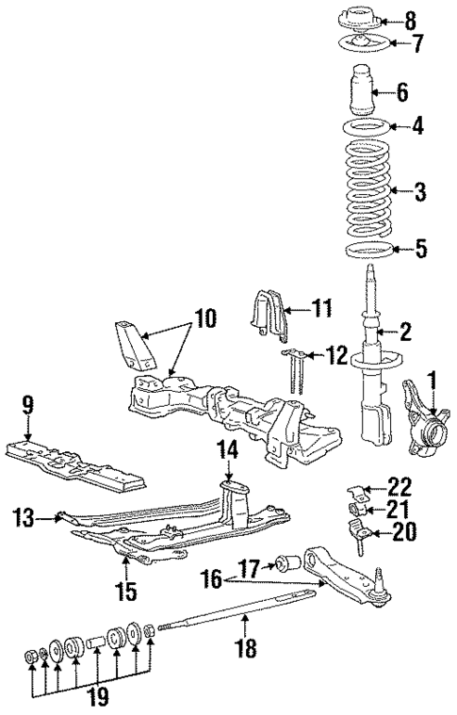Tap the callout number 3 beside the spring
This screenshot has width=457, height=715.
(x=421, y=193)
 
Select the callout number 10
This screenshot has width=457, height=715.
(x=205, y=319)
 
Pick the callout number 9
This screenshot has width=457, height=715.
(x=27, y=405)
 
